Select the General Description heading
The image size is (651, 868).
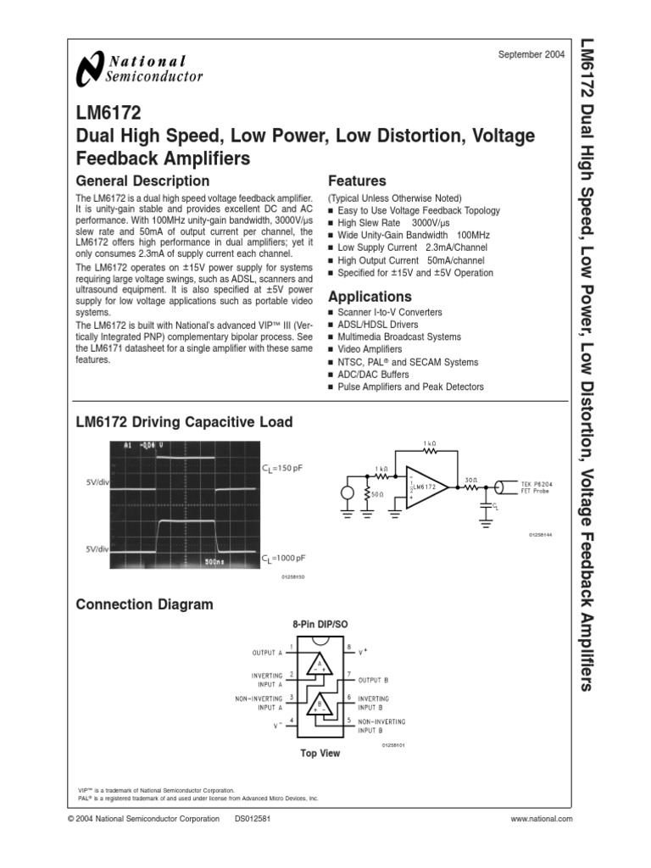[142, 181]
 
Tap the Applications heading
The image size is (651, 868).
[370, 297]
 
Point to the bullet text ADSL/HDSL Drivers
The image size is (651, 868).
[377, 324]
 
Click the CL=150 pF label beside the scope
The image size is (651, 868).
[283, 467]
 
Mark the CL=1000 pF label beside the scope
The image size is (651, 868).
[284, 558]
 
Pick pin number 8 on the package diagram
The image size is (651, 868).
[348, 647]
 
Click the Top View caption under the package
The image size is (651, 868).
[320, 753]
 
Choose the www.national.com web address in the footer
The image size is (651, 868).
[542, 819]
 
